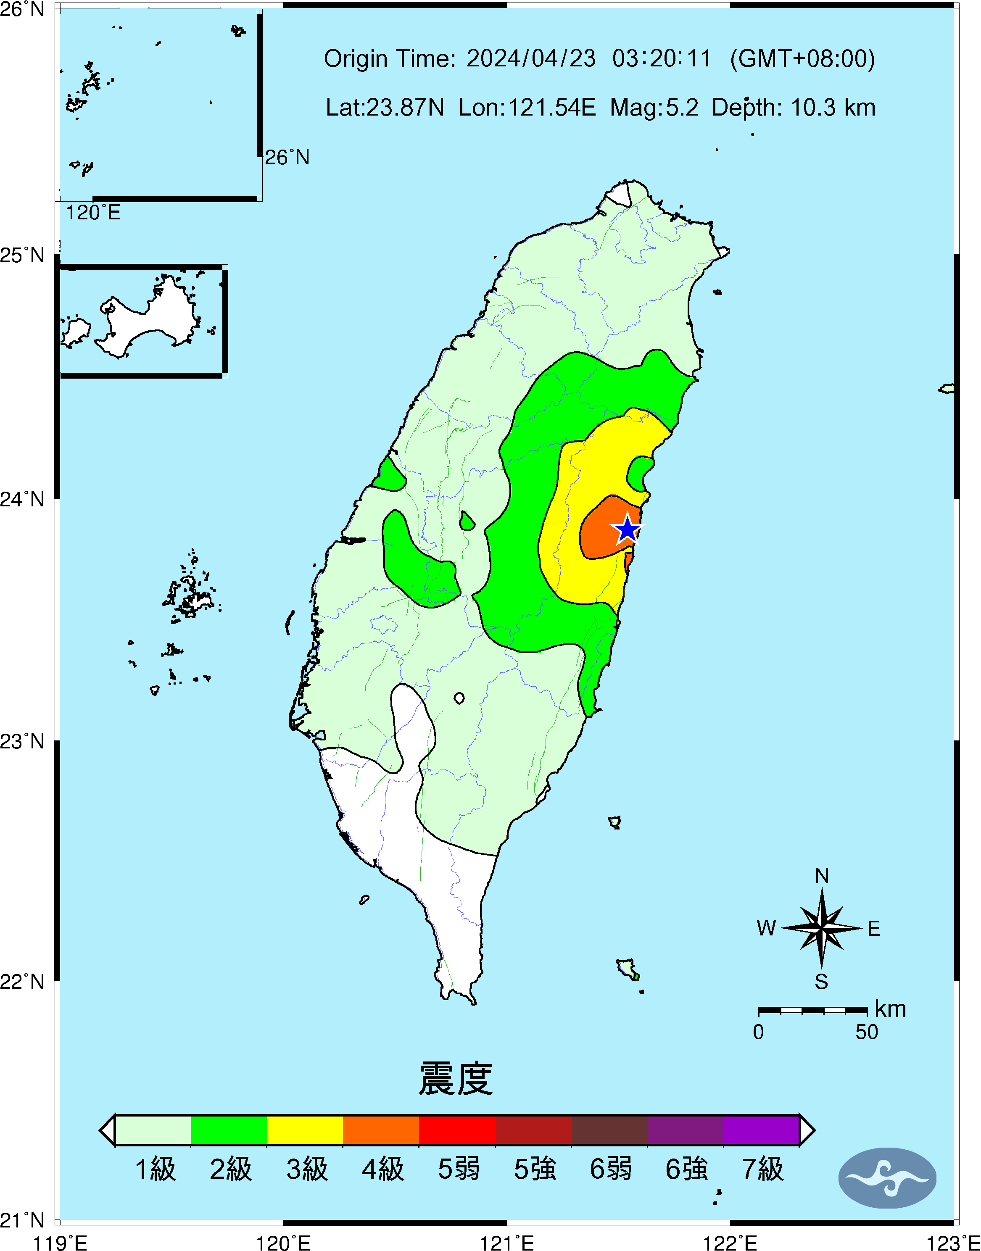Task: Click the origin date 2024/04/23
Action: [531, 58]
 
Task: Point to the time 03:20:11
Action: [662, 58]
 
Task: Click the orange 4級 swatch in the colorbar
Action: [381, 1130]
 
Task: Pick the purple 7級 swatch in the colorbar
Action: [761, 1130]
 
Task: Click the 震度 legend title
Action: [456, 1079]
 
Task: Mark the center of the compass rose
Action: [822, 928]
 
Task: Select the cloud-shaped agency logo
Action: [887, 1178]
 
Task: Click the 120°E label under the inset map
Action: [93, 213]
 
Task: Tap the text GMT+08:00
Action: [802, 58]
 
